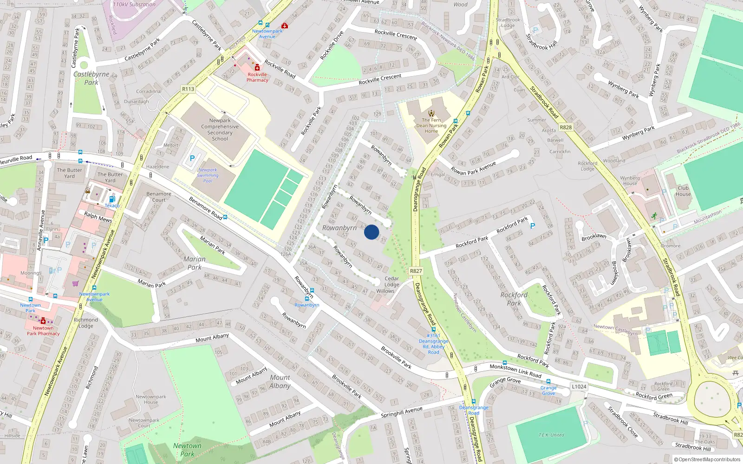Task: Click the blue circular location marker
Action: (x=371, y=232)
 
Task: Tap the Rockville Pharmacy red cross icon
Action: (x=257, y=68)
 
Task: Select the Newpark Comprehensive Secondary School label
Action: (x=220, y=129)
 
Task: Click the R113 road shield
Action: (x=188, y=89)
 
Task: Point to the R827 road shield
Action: (x=416, y=271)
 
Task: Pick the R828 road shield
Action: (x=566, y=127)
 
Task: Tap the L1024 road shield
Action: (x=579, y=387)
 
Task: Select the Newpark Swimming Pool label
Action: (x=208, y=175)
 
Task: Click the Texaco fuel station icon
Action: (x=111, y=199)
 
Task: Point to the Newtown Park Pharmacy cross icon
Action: (x=43, y=321)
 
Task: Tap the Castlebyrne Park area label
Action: (x=91, y=78)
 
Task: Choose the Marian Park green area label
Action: (x=195, y=263)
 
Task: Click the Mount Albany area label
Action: (x=280, y=381)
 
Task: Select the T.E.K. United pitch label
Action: (x=551, y=435)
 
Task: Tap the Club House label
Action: (x=683, y=191)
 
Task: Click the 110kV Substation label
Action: (x=134, y=5)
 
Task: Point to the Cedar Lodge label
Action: (x=391, y=282)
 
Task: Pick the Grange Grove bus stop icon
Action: (x=548, y=382)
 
